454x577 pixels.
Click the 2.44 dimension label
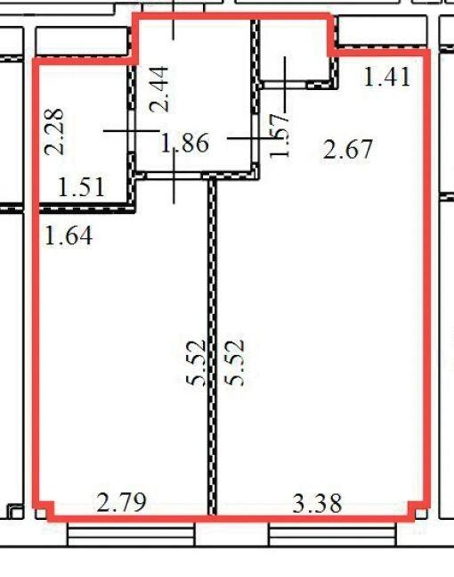[x=159, y=89]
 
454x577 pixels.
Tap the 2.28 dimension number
[x=54, y=132]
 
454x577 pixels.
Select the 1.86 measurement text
[x=185, y=143]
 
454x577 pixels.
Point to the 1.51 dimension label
[x=82, y=187]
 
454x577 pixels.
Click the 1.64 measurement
[x=69, y=235]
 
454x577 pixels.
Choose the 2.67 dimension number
[x=348, y=149]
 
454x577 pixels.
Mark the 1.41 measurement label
[x=386, y=77]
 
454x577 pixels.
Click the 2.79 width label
[x=122, y=502]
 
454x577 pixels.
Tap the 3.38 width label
[x=318, y=503]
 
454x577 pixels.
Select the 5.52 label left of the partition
[x=195, y=362]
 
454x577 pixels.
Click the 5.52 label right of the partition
[x=234, y=362]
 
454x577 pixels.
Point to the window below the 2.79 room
[x=131, y=534]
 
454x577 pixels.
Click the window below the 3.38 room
[x=332, y=534]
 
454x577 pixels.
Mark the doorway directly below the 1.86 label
[x=174, y=176]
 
